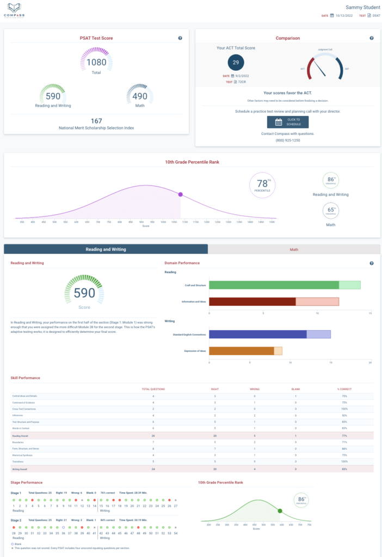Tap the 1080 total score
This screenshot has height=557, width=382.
[x=96, y=63]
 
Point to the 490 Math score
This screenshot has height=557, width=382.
[x=139, y=96]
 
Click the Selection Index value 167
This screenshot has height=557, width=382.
[x=96, y=121]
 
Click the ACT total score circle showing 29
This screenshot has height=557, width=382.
[x=236, y=63]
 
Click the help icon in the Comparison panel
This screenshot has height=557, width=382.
[x=372, y=39]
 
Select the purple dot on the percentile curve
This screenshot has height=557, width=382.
[x=180, y=194]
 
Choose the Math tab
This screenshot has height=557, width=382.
[x=294, y=249]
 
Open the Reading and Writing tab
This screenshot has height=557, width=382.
[x=106, y=249]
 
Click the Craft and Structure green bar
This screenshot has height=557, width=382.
[x=273, y=284]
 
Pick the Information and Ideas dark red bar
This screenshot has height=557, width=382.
[x=252, y=302]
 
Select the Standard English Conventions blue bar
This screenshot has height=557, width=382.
[x=257, y=334]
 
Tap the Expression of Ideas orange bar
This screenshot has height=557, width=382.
[x=241, y=351]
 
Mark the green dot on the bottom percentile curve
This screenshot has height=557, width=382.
[x=280, y=511]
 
